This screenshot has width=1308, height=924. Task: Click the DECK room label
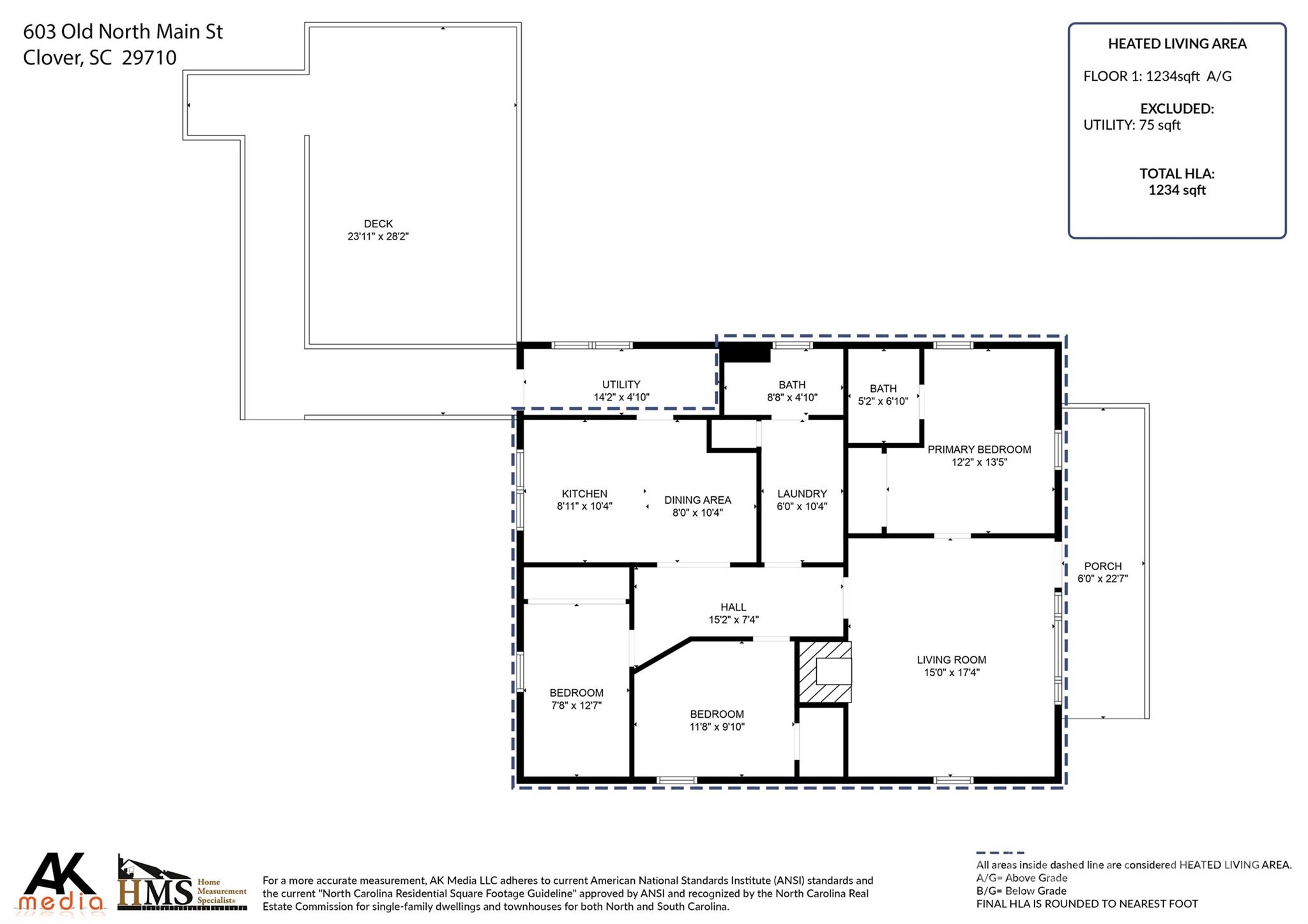click(x=378, y=223)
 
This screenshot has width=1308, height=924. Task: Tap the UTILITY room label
click(x=621, y=384)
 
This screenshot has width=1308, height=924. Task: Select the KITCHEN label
click(x=584, y=494)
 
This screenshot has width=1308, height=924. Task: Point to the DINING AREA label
click(x=697, y=500)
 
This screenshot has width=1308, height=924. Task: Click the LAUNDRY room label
click(x=802, y=494)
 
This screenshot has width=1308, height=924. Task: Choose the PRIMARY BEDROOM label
click(x=979, y=450)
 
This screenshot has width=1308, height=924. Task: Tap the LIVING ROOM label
click(x=952, y=660)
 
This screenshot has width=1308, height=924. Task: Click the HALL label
click(x=733, y=607)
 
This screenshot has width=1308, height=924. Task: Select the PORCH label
click(x=1103, y=566)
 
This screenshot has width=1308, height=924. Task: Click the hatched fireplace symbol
click(x=825, y=672)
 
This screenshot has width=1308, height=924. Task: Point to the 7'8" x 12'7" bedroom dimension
click(x=576, y=706)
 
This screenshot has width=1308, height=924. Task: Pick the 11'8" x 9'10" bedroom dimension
click(x=717, y=727)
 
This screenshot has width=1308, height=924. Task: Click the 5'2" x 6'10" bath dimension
click(x=883, y=401)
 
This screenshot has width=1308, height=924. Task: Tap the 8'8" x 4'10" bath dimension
click(x=792, y=397)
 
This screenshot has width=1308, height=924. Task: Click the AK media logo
click(x=62, y=882)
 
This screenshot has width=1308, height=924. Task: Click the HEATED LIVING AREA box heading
click(x=1177, y=44)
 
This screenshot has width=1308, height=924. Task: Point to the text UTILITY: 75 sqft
click(x=1132, y=125)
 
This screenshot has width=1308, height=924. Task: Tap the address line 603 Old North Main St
click(x=123, y=31)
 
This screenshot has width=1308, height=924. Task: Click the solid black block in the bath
click(x=745, y=353)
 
